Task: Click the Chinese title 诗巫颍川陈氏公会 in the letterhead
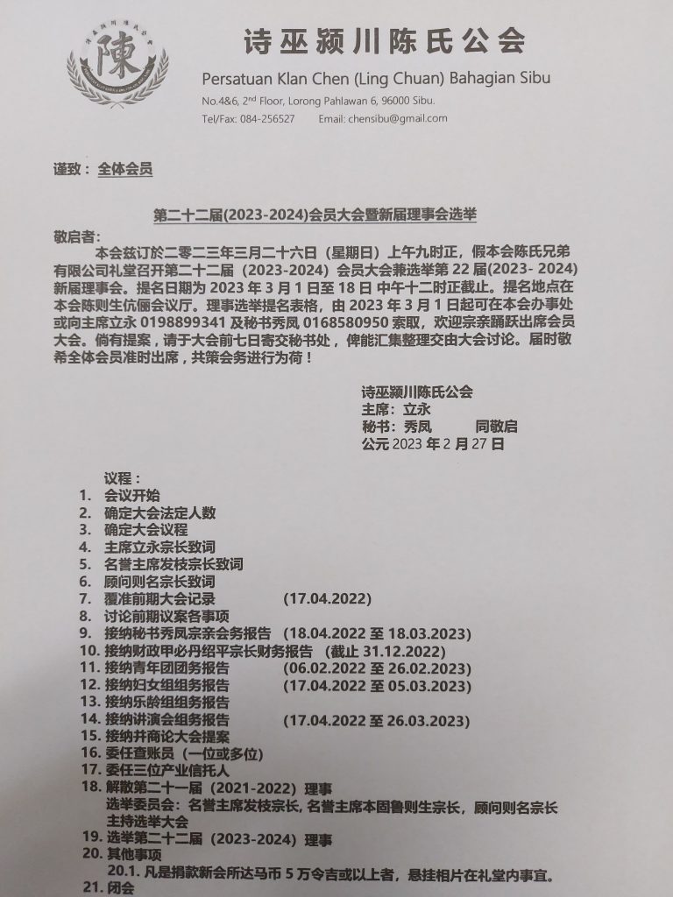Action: (x=385, y=40)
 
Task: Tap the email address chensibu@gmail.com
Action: (x=383, y=118)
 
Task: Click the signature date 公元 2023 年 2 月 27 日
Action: (x=433, y=444)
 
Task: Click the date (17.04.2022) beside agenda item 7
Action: (x=328, y=599)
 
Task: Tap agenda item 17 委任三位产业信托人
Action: (x=167, y=770)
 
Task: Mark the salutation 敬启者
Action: (x=77, y=237)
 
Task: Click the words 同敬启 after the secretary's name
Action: (x=497, y=427)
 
